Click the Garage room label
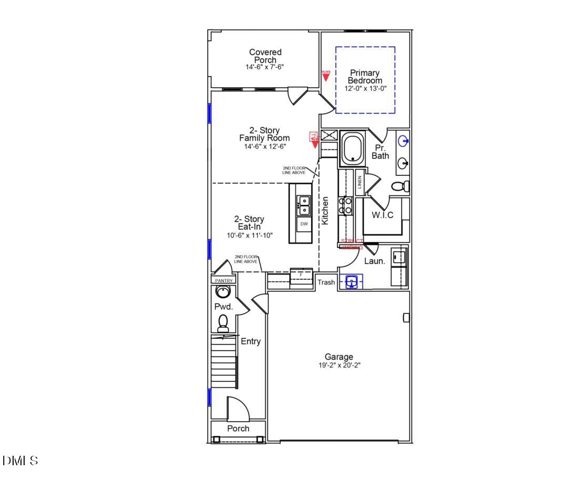pyautogui.click(x=339, y=357)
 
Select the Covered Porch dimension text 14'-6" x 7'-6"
pyautogui.click(x=265, y=67)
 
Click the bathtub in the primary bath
pyautogui.click(x=353, y=148)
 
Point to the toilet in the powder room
pyautogui.click(x=223, y=322)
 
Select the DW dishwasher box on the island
pyautogui.click(x=304, y=224)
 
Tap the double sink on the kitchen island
pyautogui.click(x=304, y=205)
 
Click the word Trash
pyautogui.click(x=326, y=282)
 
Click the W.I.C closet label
pyautogui.click(x=383, y=215)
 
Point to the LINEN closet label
pyautogui.click(x=360, y=182)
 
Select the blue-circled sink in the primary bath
pyautogui.click(x=404, y=141)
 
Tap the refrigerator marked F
pyautogui.click(x=301, y=275)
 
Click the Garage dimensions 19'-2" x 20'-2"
pyautogui.click(x=339, y=365)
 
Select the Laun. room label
pyautogui.click(x=375, y=260)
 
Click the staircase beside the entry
pyautogui.click(x=224, y=362)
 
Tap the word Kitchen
pyautogui.click(x=325, y=211)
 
